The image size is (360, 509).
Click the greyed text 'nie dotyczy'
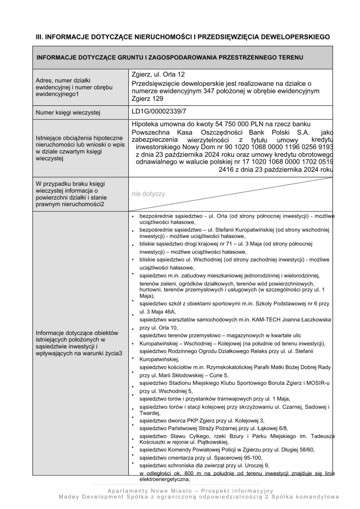point(148,194)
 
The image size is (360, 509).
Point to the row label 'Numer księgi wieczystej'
point(68,114)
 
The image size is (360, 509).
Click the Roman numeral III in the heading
point(38,37)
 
